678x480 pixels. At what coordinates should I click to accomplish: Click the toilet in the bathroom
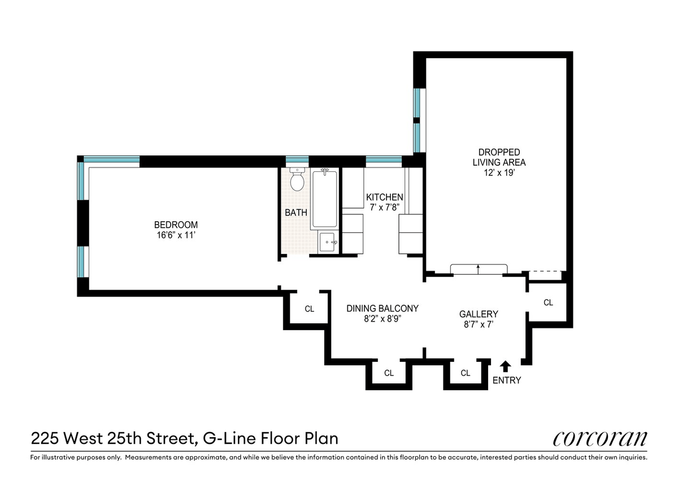pos(297,179)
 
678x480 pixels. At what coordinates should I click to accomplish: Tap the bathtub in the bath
pos(324,199)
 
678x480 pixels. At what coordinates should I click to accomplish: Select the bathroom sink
pos(328,242)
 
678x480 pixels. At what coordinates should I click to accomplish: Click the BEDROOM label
pos(176,224)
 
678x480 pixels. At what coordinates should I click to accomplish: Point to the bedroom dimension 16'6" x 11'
pos(176,235)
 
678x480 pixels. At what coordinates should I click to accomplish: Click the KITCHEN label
pos(384,197)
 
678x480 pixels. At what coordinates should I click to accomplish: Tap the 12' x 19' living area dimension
pos(499,172)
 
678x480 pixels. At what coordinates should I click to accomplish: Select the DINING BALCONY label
pos(383,308)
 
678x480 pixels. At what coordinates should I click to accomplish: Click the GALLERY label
pos(479,314)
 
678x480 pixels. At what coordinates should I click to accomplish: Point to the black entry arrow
pos(505,366)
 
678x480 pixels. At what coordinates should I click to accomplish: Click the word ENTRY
pos(507,380)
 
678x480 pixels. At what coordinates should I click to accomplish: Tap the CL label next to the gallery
pos(548,302)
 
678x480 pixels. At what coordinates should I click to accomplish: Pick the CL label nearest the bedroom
pos(310,309)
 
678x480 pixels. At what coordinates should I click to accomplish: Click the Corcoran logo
pos(600,439)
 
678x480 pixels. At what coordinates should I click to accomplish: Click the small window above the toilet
pos(297,159)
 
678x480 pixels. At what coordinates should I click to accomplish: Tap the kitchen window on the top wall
pos(384,159)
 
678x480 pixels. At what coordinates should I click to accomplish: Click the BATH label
pos(295,213)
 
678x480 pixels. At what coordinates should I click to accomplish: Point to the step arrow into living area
pos(478,269)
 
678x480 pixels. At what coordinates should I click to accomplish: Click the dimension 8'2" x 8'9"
pos(383,319)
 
